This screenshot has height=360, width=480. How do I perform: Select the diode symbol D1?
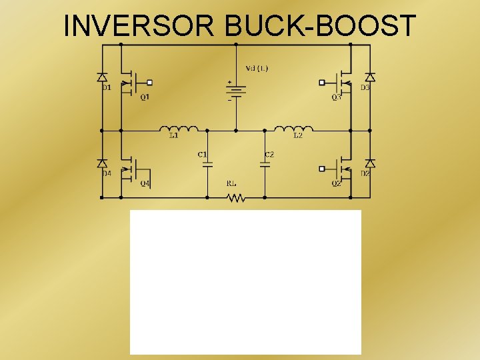click(x=102, y=78)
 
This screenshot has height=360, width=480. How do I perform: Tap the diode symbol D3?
click(x=370, y=78)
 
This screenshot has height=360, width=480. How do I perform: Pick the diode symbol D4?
click(x=102, y=163)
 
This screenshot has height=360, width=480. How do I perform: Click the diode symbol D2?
click(x=370, y=163)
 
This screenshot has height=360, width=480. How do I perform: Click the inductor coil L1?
click(x=178, y=129)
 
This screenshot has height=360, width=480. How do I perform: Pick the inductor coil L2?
click(x=294, y=129)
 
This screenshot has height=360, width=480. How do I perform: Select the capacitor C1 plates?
click(x=207, y=163)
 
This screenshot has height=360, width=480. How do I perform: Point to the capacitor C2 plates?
click(x=265, y=163)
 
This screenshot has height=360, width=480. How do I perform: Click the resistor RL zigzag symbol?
click(x=235, y=197)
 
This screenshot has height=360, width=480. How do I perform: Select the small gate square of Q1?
click(x=150, y=83)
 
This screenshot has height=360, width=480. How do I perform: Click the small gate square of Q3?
click(x=323, y=83)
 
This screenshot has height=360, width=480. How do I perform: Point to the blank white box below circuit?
click(x=245, y=282)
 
